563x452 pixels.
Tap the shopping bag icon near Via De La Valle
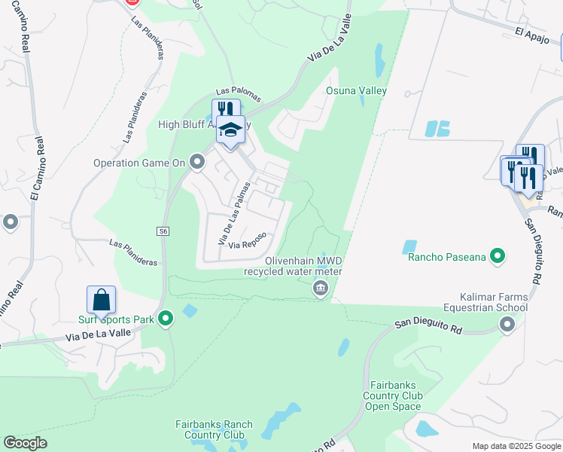click(x=101, y=301)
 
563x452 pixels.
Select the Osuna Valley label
click(x=355, y=91)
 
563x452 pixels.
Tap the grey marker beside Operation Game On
click(x=197, y=161)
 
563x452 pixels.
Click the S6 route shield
click(x=163, y=231)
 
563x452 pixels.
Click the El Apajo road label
click(x=532, y=33)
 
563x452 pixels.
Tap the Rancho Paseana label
click(x=446, y=258)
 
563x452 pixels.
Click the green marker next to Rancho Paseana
click(x=497, y=258)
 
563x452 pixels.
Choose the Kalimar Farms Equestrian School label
click(x=494, y=302)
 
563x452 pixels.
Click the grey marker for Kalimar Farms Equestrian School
click(x=507, y=324)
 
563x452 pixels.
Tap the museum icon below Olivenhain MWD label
click(x=321, y=289)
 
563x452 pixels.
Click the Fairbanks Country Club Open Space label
click(x=393, y=395)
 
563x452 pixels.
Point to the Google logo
click(x=25, y=443)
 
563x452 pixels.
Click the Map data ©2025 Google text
click(x=516, y=446)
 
